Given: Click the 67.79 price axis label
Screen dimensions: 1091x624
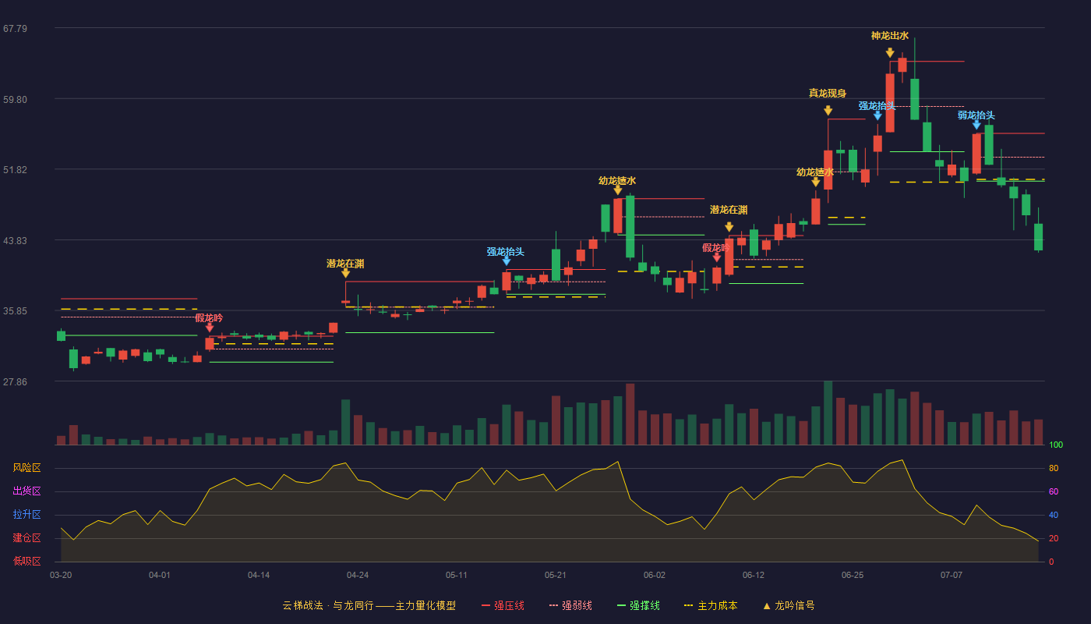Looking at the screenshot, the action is tap(15, 29).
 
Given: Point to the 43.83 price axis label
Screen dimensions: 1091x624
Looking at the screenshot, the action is tap(15, 241).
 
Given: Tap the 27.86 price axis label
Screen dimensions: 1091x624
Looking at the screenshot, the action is tap(15, 381).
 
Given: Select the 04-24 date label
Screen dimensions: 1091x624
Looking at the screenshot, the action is tap(358, 576).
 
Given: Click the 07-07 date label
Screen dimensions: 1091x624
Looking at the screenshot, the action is tap(952, 576).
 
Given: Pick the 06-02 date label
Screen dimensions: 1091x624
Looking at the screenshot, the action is tap(654, 576).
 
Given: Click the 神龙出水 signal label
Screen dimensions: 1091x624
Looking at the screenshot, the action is tap(890, 36).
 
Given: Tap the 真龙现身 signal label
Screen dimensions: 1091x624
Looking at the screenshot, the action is tap(828, 93).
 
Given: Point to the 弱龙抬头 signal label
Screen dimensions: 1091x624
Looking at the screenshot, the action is tap(976, 115).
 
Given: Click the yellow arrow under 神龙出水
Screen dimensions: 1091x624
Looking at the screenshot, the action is tap(890, 53).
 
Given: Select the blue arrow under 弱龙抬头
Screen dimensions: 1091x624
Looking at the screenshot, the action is tap(976, 125).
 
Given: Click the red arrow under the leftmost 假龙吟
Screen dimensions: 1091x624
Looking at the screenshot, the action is tap(210, 328).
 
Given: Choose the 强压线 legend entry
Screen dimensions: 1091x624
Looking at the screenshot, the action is tap(503, 605).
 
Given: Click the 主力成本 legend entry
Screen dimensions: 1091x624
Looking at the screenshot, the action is tap(711, 605).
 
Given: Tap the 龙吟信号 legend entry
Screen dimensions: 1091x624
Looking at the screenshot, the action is tap(789, 605).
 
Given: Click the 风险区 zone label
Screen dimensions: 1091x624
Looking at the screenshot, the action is tap(26, 467).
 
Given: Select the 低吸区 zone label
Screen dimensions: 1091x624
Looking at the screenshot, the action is tap(26, 561).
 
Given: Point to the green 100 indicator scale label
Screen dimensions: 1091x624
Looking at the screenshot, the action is tap(1056, 445).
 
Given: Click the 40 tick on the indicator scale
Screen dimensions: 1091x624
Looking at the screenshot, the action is tap(1054, 515).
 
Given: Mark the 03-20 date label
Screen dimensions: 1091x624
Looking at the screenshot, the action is tap(61, 576).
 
